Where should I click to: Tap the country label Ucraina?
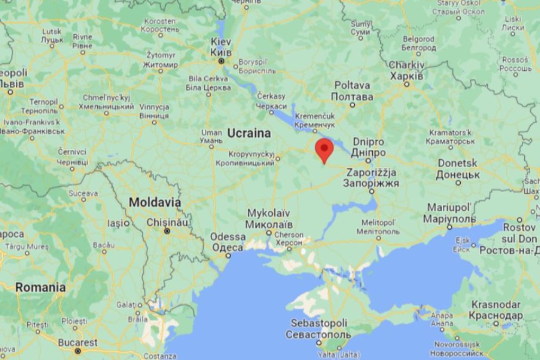(x=249, y=133)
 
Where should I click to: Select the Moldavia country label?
(x=155, y=203)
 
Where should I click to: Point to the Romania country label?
(x=40, y=287)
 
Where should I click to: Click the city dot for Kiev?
(x=222, y=61)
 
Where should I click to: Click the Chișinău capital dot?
(x=167, y=231)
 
